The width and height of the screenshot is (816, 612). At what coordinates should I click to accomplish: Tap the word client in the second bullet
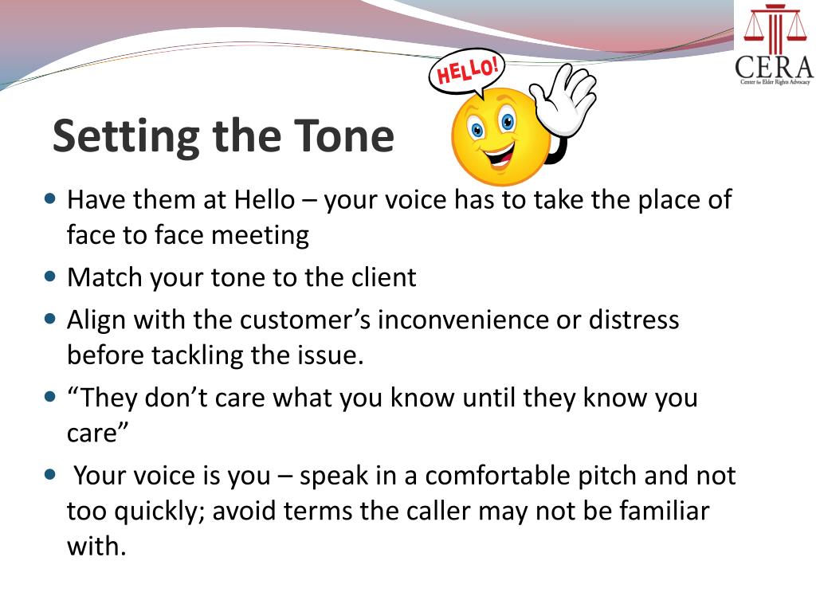point(384,277)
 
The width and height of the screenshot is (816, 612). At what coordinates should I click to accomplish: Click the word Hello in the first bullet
point(265,198)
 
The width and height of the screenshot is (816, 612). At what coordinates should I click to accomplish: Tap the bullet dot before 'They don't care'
point(51,394)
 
